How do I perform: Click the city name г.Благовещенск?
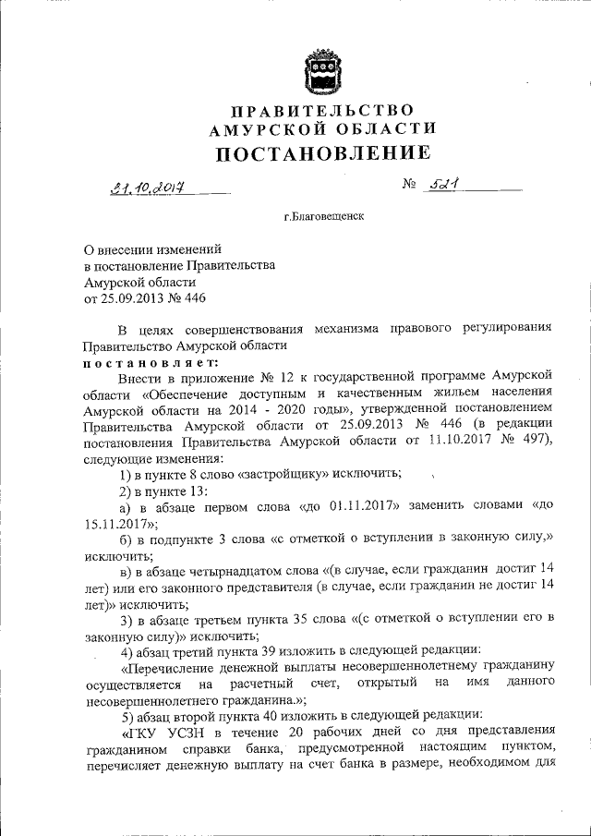[323, 218]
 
